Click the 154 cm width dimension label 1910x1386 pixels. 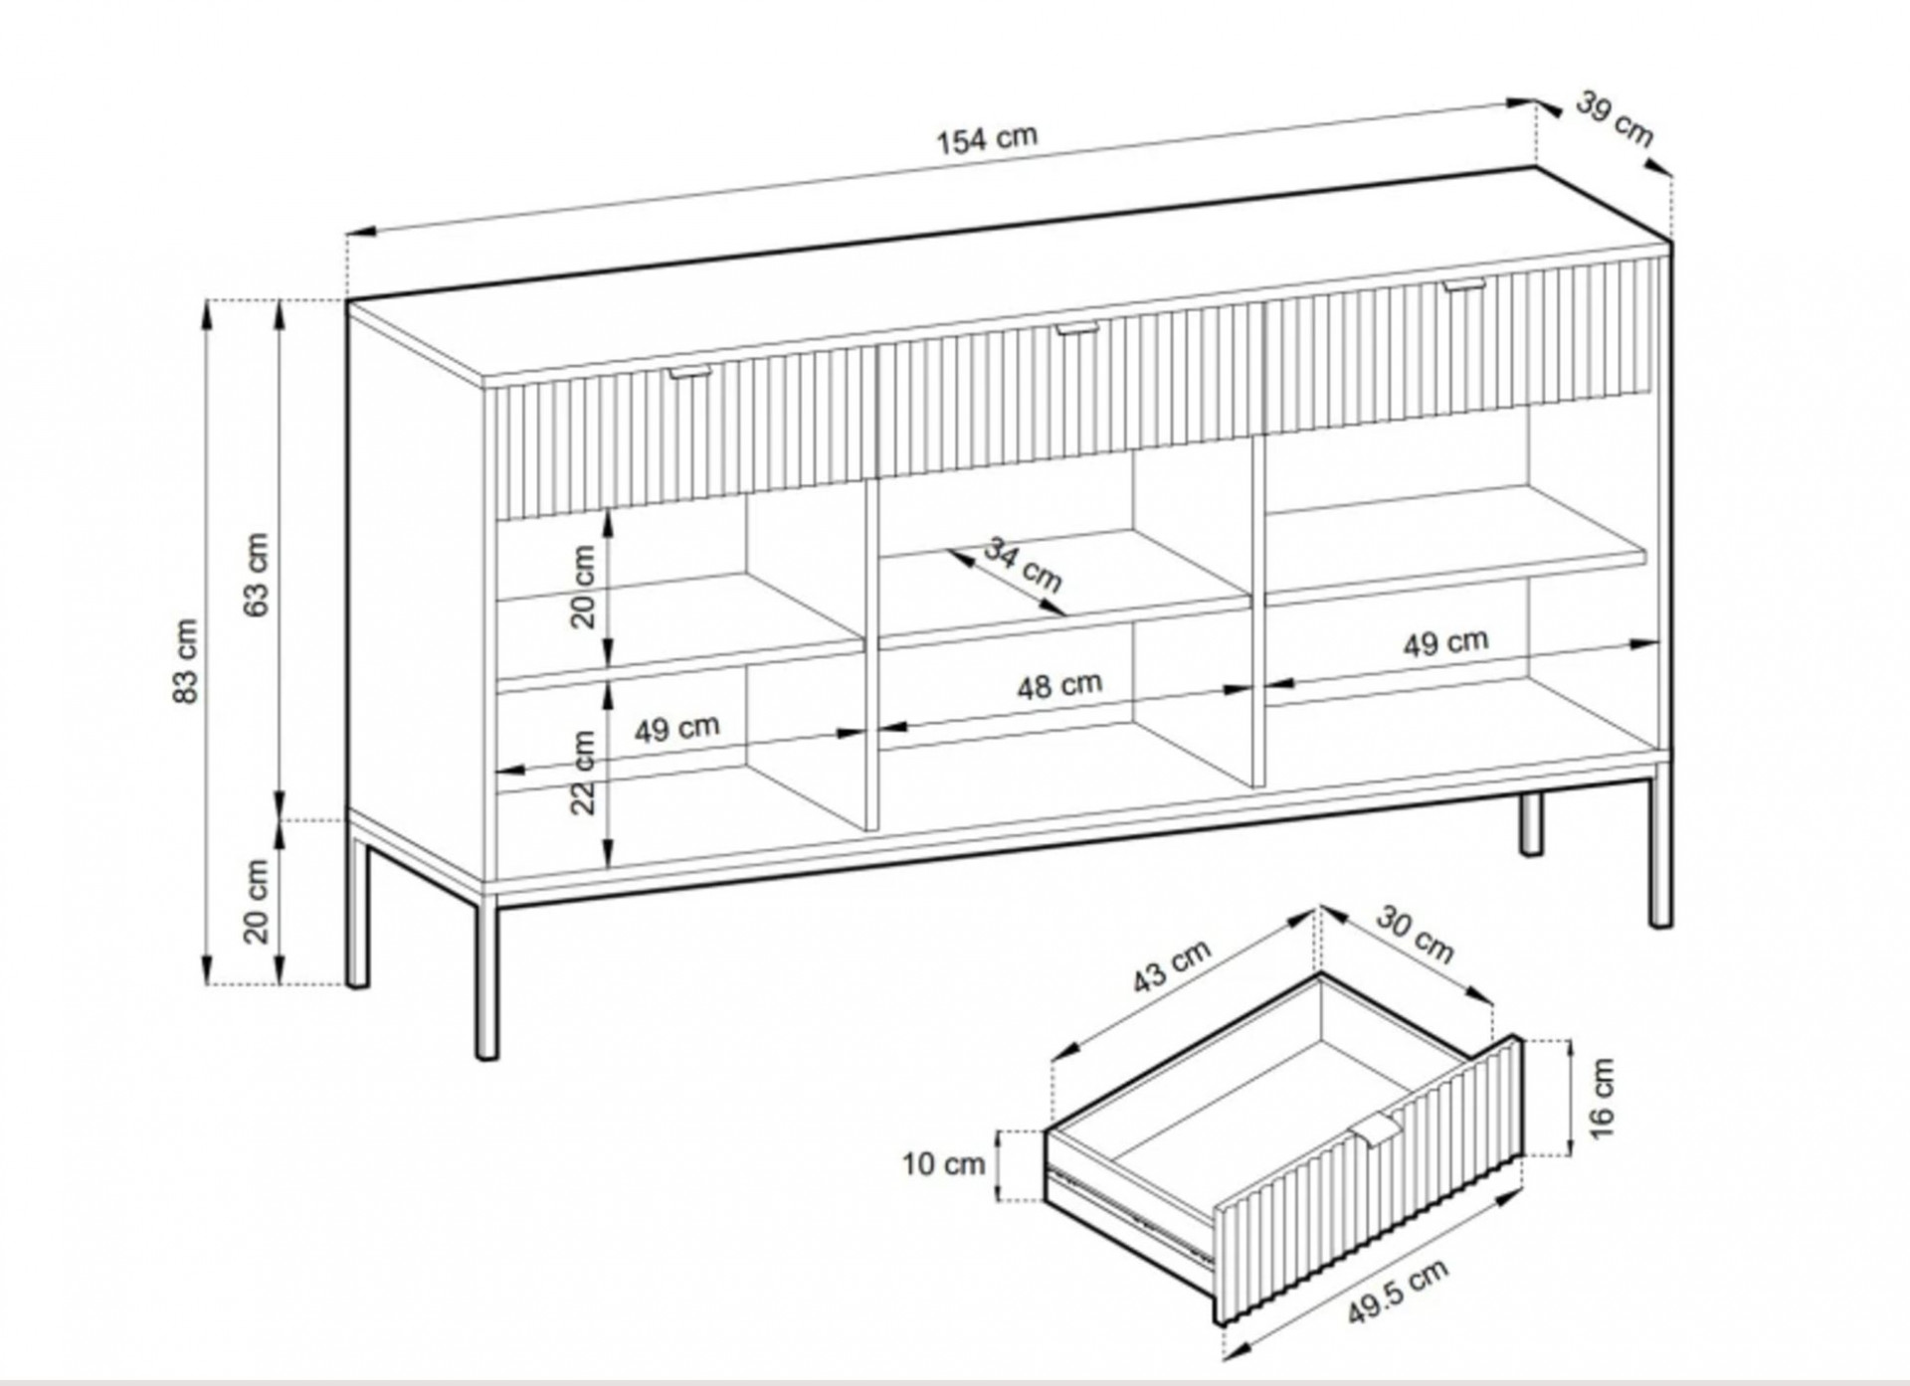pyautogui.click(x=987, y=139)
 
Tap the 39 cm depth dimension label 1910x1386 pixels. pyautogui.click(x=1615, y=119)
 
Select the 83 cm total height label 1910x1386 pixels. pyautogui.click(x=186, y=661)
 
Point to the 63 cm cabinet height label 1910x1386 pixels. pyautogui.click(x=257, y=575)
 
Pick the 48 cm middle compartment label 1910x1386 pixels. pyautogui.click(x=1059, y=685)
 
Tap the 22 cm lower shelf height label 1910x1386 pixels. pyautogui.click(x=583, y=773)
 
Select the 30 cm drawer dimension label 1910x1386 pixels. pyautogui.click(x=1416, y=935)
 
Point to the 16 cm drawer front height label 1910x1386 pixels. pyautogui.click(x=1602, y=1098)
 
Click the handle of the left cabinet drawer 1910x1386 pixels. pyautogui.click(x=690, y=372)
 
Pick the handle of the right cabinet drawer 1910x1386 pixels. pyautogui.click(x=1464, y=285)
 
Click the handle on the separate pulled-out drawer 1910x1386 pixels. pyautogui.click(x=1377, y=1129)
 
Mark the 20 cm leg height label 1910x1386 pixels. pyautogui.click(x=257, y=901)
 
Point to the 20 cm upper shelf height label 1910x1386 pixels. pyautogui.click(x=583, y=587)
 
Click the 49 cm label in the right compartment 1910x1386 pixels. pyautogui.click(x=1446, y=643)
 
